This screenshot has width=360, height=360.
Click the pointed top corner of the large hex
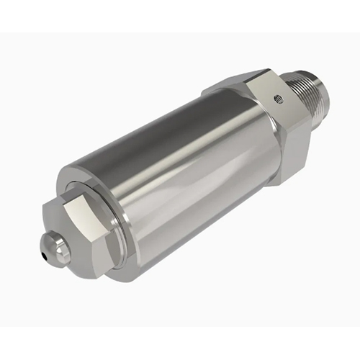267,70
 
